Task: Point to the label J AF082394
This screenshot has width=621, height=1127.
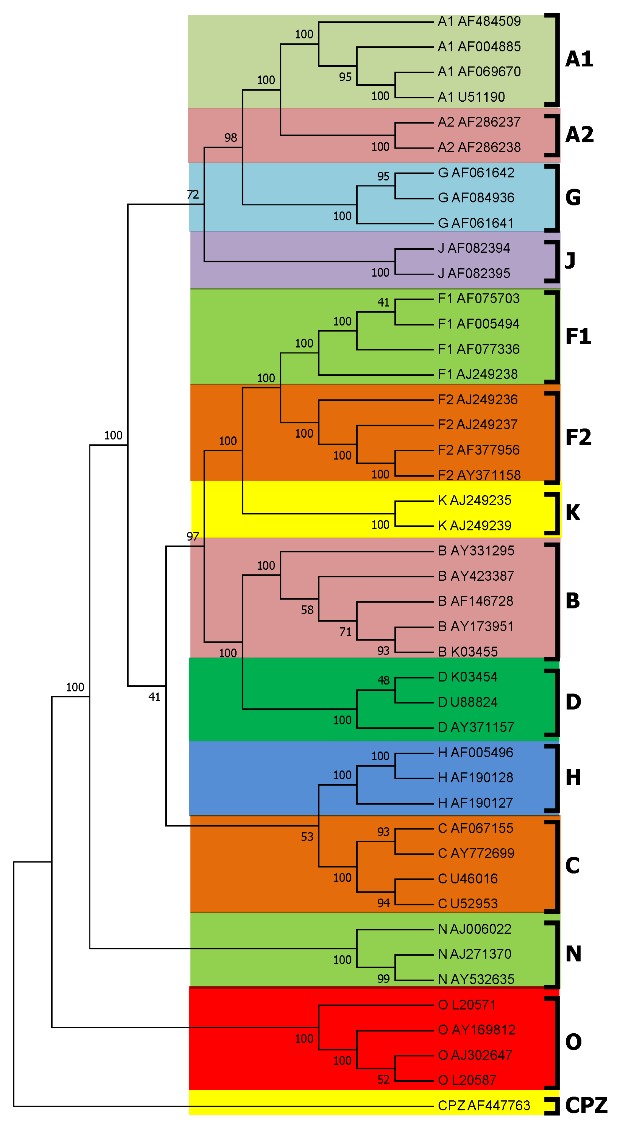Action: [x=474, y=248]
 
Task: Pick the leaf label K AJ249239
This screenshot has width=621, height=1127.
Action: [x=475, y=525]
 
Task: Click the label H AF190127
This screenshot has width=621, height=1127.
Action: [x=475, y=803]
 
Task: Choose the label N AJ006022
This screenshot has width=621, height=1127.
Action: [x=475, y=929]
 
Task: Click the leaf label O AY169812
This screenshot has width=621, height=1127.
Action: [x=477, y=1030]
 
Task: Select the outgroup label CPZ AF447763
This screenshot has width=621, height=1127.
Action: [x=484, y=1105]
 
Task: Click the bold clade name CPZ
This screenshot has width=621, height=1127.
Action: [x=586, y=1105]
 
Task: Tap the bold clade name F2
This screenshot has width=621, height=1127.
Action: [x=578, y=437]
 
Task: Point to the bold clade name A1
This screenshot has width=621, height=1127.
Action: [x=579, y=59]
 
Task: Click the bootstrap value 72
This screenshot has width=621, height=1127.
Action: [x=193, y=195]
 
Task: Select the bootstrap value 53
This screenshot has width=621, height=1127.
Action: [x=307, y=837]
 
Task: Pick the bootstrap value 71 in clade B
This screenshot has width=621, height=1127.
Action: [x=345, y=632]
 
